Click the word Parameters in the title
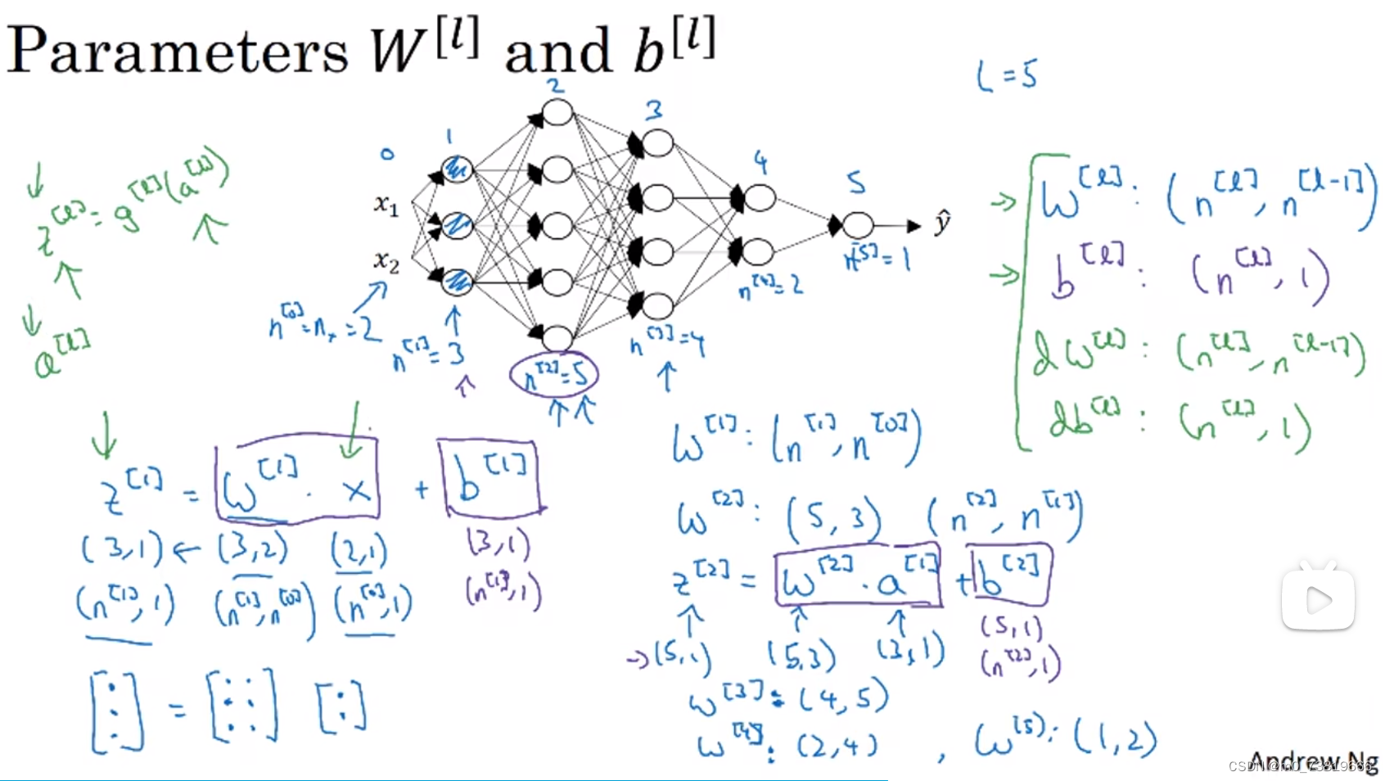click(177, 51)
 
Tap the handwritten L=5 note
click(1007, 76)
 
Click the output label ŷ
click(942, 222)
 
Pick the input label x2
click(386, 261)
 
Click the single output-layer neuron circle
click(857, 224)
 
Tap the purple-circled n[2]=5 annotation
click(554, 375)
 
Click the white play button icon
click(1318, 600)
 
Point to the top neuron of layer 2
click(557, 112)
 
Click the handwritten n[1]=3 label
click(427, 354)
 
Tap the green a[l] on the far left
click(61, 356)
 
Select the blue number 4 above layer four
click(761, 163)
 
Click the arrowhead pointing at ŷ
click(914, 225)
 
